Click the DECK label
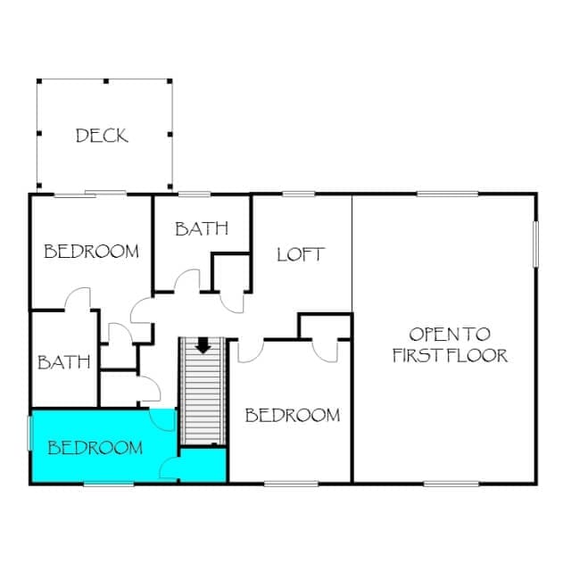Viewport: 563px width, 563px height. [102, 136]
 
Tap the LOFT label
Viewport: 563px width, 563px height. [301, 254]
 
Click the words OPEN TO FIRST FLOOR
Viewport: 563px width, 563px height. [450, 344]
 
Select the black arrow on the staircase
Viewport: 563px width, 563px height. [203, 345]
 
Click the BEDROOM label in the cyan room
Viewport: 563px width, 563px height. [95, 448]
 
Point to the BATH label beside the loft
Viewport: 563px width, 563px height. [202, 228]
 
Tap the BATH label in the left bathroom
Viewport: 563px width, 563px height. [64, 362]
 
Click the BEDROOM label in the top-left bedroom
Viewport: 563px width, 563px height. [91, 252]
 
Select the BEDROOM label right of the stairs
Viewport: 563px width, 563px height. [293, 416]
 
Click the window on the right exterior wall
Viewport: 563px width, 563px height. [535, 244]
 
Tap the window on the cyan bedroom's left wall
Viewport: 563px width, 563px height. [30, 433]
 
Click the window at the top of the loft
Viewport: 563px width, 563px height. [299, 195]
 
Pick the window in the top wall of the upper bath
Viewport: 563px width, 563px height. [195, 195]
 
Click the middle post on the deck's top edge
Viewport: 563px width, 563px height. [106, 81]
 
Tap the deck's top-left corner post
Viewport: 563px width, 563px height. [39, 81]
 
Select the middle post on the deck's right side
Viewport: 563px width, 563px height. [170, 135]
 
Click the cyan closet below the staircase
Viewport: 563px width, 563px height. [203, 465]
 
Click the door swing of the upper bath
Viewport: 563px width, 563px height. [186, 280]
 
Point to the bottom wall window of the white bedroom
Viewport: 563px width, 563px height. [291, 484]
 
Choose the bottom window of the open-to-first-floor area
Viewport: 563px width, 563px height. [451, 484]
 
